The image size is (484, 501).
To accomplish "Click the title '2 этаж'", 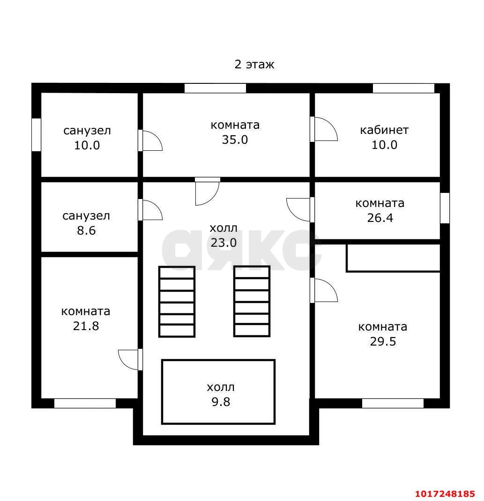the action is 254,65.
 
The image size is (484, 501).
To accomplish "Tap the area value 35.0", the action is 235,140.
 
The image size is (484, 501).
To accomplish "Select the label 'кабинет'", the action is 384,130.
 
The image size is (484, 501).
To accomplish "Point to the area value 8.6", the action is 86,230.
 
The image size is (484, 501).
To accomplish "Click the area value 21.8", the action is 86,326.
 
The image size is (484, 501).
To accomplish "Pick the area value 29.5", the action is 383,341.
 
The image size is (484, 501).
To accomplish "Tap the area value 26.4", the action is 380,218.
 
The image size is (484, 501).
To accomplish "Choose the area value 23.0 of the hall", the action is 223,243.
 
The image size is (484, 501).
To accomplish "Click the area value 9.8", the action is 221,402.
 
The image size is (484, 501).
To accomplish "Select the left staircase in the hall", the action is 177,302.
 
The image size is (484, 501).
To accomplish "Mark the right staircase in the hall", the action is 252,302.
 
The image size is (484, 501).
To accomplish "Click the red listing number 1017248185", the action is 445,494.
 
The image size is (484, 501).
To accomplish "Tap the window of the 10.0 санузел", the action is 36,135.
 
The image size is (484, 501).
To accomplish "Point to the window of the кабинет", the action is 403,88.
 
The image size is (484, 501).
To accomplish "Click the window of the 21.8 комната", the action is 85,403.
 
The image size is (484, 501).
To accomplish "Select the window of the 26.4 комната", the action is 445,208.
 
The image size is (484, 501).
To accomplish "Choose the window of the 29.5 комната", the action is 393,403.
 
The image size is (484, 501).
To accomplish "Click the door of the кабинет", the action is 323,129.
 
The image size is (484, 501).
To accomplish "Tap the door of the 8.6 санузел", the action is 150,210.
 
